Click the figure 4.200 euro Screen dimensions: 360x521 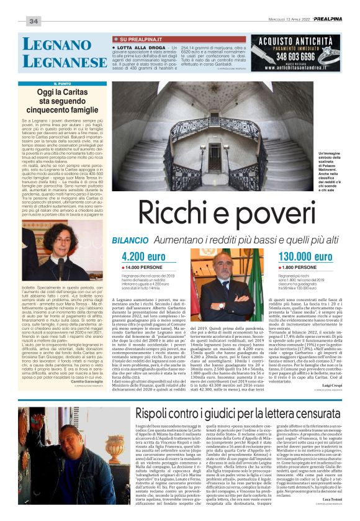(144, 274)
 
